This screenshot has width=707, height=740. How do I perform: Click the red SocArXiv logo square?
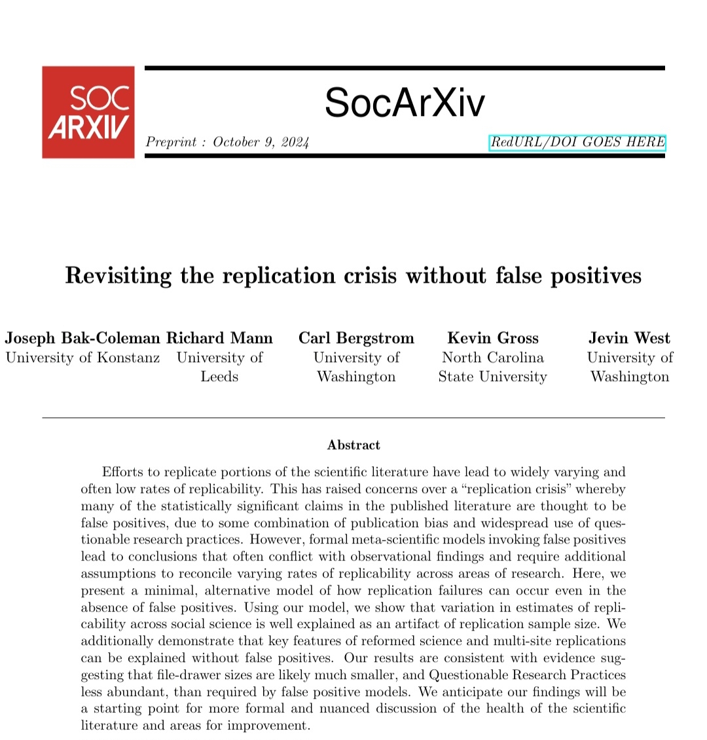coord(88,112)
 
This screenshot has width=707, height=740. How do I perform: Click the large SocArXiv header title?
coord(405,103)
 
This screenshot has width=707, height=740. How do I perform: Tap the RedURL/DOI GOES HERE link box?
coord(577,143)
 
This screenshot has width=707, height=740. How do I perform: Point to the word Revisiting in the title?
coord(118,275)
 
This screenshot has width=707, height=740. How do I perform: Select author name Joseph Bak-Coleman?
coord(82,338)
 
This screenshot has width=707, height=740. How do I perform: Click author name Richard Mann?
coord(219,338)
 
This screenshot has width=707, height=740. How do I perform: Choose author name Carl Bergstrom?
coord(356,338)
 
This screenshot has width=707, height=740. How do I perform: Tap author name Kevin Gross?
coord(493,338)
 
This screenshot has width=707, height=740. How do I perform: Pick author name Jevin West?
coord(629,338)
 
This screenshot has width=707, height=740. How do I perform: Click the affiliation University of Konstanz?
coord(82,358)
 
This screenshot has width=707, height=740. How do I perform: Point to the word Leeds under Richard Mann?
coord(219,377)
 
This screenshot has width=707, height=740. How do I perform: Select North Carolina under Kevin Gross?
coord(493,358)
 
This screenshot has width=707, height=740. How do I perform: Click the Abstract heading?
coord(353,445)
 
